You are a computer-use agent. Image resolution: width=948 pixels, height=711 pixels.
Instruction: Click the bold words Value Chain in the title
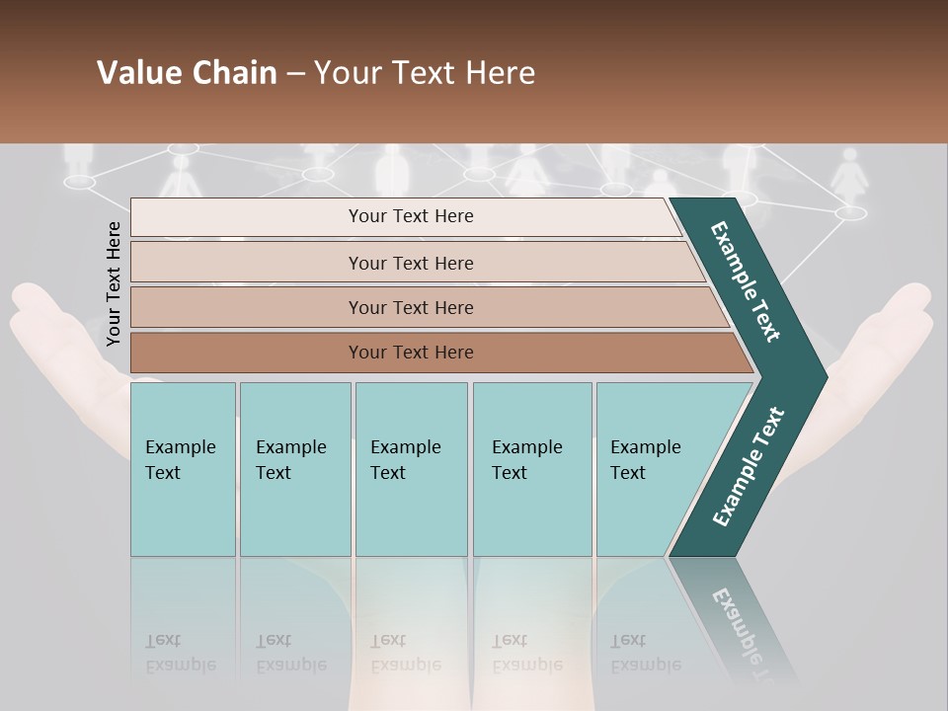[x=187, y=73]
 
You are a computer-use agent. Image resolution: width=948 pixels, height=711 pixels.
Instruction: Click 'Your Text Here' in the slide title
[x=425, y=73]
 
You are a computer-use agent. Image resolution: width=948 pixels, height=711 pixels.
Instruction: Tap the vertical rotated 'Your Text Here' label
[x=114, y=283]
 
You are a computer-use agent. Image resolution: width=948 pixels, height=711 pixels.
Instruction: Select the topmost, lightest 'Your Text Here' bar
[x=410, y=216]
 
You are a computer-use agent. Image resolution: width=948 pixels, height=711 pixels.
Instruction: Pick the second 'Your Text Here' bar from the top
[x=410, y=263]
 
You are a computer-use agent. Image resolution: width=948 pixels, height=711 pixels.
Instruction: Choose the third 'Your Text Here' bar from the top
[x=410, y=307]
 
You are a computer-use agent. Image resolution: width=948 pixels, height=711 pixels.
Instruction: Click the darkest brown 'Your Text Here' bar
[x=410, y=353]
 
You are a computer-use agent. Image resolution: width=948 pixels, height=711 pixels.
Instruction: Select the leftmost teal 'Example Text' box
[x=183, y=469]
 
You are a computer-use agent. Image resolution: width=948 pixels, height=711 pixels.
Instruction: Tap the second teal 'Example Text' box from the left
[x=294, y=469]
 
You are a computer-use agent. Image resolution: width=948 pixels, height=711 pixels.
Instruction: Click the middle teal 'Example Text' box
[x=411, y=469]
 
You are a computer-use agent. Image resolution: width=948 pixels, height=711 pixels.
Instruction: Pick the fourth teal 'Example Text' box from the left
[x=531, y=469]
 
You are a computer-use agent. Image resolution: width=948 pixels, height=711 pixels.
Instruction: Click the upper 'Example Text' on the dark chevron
[x=746, y=281]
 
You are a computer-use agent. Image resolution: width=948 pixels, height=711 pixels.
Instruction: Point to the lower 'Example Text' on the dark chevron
[x=748, y=467]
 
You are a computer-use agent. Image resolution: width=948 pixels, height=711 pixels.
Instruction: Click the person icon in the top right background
[x=848, y=178]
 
